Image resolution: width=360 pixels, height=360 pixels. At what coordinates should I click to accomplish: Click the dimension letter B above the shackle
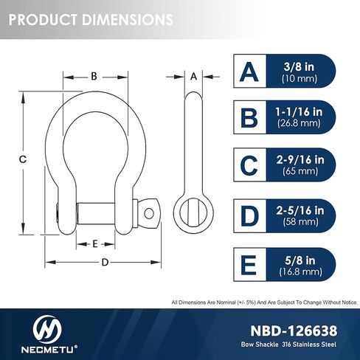(94, 76)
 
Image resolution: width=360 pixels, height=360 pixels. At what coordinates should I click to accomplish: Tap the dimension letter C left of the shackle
(23, 159)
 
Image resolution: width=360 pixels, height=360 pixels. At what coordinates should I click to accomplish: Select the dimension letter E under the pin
(95, 244)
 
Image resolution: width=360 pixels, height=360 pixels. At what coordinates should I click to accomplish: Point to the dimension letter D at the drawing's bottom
(105, 263)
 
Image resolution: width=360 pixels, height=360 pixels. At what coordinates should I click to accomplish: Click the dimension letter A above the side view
(194, 77)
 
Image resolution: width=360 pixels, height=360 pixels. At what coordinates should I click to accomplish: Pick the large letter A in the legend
(249, 72)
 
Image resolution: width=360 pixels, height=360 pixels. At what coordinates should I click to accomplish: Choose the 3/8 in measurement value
(299, 66)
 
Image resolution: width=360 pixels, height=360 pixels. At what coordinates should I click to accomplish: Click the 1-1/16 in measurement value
(299, 112)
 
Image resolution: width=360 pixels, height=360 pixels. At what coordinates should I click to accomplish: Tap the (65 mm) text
(300, 171)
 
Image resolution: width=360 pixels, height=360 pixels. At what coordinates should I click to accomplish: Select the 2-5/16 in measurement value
(300, 210)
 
